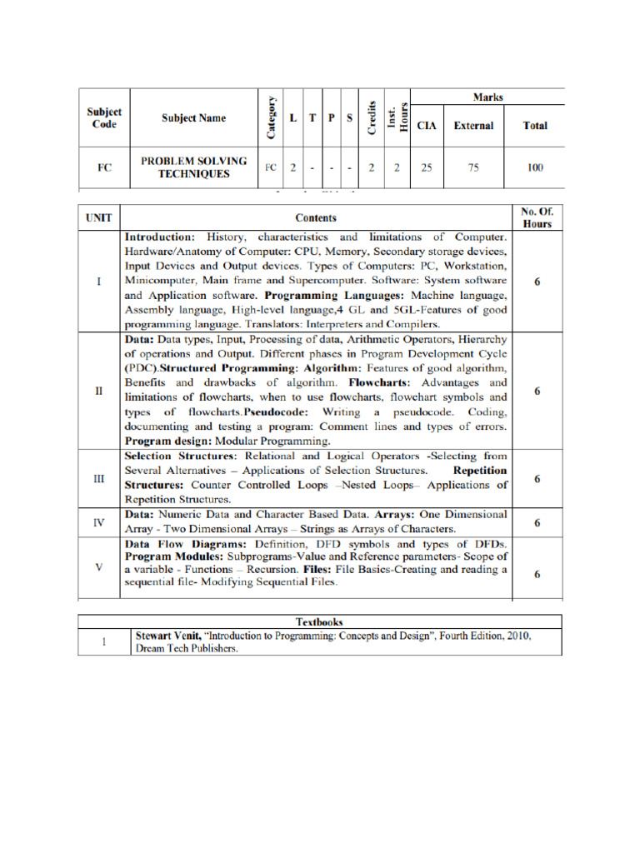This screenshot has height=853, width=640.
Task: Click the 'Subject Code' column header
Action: click(105, 118)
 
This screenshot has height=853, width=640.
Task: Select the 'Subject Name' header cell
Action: click(193, 118)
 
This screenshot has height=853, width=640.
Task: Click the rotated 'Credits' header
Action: click(372, 117)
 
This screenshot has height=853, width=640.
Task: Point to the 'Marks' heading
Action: click(487, 97)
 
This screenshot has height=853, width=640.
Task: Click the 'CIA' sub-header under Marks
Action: click(426, 126)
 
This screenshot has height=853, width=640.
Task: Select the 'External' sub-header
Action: click(473, 126)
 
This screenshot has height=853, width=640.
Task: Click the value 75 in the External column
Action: click(473, 167)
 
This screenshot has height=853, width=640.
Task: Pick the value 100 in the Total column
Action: click(535, 167)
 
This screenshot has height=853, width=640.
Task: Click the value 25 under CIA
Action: click(426, 167)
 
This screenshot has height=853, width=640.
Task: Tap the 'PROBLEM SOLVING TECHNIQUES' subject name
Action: click(194, 167)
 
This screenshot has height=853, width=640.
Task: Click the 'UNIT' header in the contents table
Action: click(99, 217)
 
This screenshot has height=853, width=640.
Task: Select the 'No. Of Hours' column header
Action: click(537, 218)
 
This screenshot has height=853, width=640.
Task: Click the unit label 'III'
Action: click(99, 479)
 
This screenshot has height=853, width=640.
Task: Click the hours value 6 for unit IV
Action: click(537, 523)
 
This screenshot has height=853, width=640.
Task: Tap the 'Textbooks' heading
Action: click(320, 621)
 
